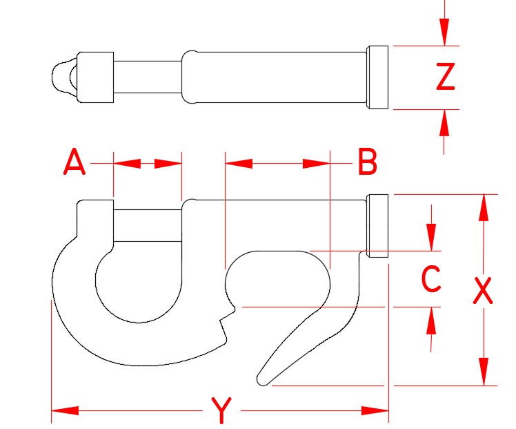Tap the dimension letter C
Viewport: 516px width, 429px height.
[x=431, y=280]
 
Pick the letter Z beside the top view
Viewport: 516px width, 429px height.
[x=446, y=77]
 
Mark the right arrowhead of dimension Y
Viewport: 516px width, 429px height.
[x=376, y=411]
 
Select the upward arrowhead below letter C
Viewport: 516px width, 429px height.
[x=432, y=321]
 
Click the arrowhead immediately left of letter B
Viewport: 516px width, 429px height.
[x=315, y=164]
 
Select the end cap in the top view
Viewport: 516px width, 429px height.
[x=377, y=77]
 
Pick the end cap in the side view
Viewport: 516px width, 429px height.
[x=377, y=226]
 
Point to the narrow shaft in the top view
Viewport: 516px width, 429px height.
[x=147, y=77]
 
